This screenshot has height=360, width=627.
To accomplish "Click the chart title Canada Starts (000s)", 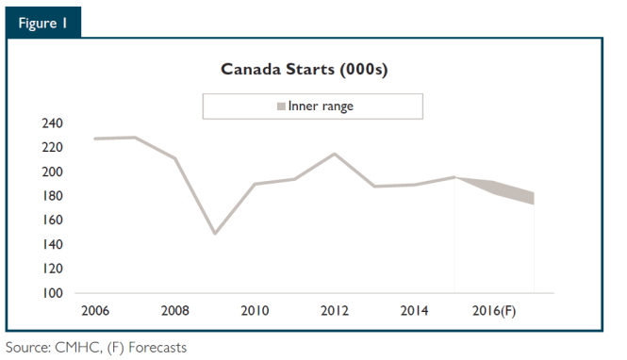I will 304,70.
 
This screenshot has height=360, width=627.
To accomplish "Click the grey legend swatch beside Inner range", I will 280,107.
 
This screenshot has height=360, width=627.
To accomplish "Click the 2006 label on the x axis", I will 95,311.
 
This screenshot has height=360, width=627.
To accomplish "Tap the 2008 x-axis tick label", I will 175,311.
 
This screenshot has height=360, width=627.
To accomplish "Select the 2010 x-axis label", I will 255,311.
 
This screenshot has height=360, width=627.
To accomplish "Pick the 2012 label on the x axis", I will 335,311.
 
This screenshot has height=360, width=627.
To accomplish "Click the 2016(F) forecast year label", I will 494,311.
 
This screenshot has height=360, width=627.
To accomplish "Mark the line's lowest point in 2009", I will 215,233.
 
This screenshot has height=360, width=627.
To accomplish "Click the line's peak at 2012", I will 335,154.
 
